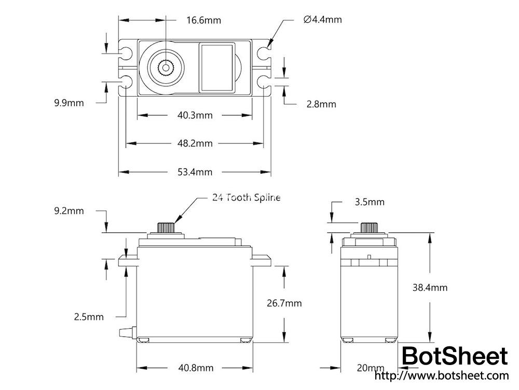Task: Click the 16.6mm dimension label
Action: tap(203, 20)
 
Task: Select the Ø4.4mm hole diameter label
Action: tap(322, 20)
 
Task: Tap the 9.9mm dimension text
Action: tap(69, 102)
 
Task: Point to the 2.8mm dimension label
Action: tap(321, 104)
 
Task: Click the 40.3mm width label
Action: tap(195, 115)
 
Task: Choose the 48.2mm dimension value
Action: tap(195, 143)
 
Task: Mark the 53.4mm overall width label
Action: tap(195, 172)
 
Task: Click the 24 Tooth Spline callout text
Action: tap(246, 198)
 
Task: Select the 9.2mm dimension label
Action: tap(69, 211)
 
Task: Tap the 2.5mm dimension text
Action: tap(89, 316)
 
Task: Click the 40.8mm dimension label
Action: tap(196, 368)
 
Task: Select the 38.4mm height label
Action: tap(430, 288)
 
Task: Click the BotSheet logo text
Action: tap(455, 357)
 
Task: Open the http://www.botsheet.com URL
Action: tap(441, 375)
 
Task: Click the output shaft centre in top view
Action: tap(166, 67)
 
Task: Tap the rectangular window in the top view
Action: tap(217, 68)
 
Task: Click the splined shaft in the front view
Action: tap(166, 228)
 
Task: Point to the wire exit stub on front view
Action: tap(126, 332)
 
